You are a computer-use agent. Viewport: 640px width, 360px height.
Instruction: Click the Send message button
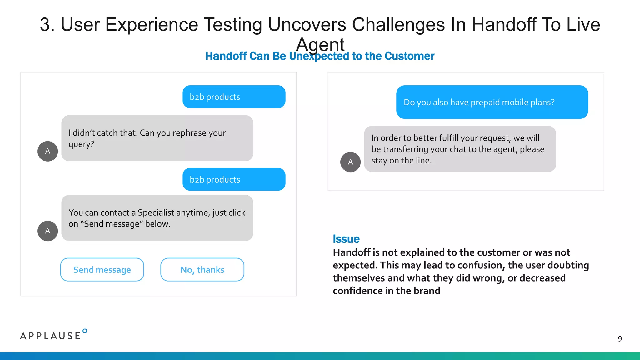tap(102, 270)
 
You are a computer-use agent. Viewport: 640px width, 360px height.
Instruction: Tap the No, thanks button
tap(202, 270)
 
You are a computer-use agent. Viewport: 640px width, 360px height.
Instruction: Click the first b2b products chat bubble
tap(234, 97)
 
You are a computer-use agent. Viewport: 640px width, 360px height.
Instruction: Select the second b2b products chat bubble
tap(234, 179)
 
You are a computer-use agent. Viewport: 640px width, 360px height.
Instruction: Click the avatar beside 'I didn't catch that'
tap(47, 151)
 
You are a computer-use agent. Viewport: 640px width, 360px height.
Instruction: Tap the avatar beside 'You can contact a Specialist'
tap(47, 231)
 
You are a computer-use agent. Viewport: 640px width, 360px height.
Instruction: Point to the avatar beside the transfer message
tap(350, 162)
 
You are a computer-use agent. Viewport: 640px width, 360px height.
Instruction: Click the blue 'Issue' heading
tap(346, 239)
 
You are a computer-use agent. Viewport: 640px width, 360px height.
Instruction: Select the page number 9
tap(620, 339)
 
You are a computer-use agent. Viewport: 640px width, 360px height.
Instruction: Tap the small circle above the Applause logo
tap(85, 331)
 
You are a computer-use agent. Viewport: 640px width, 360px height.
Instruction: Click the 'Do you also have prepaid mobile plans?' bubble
tap(492, 102)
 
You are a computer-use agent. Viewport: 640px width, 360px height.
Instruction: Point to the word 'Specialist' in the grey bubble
tap(156, 212)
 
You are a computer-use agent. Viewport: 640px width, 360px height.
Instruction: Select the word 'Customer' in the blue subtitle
tap(409, 56)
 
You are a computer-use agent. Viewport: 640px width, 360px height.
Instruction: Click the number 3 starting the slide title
tap(47, 25)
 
